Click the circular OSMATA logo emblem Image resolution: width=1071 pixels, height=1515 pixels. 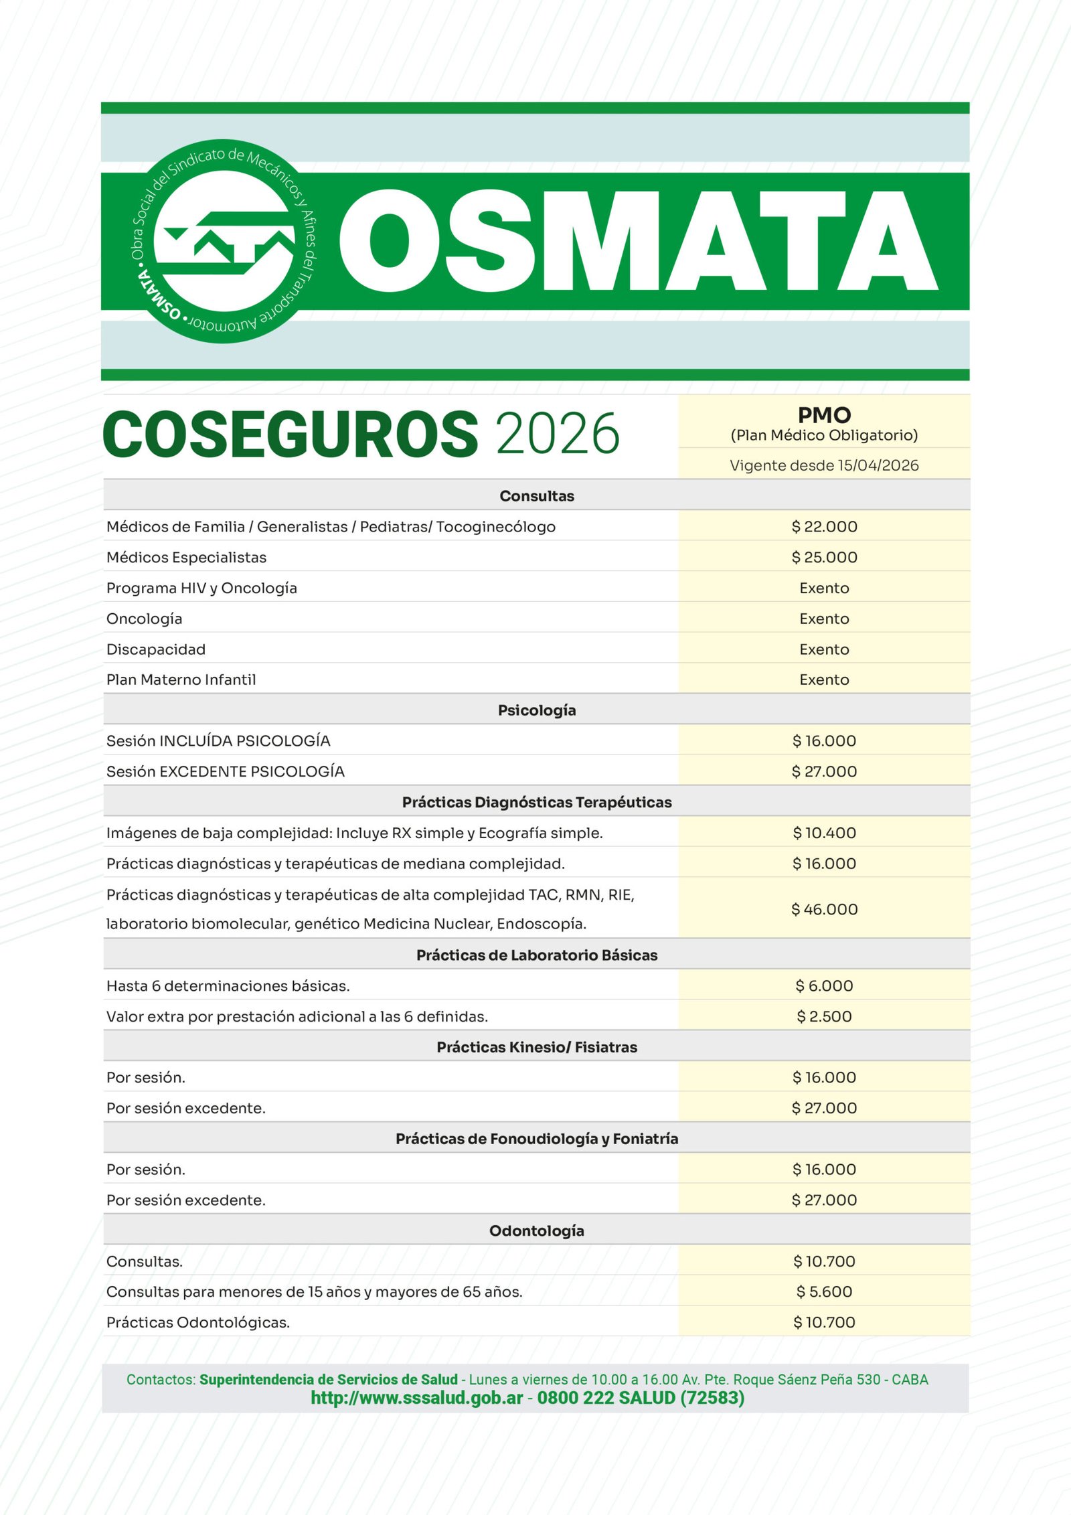[x=224, y=242]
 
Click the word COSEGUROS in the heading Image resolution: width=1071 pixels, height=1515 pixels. [x=290, y=434]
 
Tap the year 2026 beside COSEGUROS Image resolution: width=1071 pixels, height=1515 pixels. [x=558, y=434]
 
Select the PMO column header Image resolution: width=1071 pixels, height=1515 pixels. [x=824, y=416]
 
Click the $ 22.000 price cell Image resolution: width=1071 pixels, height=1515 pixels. [x=824, y=527]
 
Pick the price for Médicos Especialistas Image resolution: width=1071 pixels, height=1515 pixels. [x=824, y=558]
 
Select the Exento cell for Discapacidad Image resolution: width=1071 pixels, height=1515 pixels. [x=824, y=649]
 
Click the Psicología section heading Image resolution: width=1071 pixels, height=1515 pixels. [x=536, y=710]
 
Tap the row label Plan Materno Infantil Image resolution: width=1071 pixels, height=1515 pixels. [x=181, y=680]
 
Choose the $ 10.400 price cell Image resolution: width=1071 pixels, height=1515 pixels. [x=824, y=833]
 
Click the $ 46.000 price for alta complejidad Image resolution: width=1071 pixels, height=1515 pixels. [x=824, y=909]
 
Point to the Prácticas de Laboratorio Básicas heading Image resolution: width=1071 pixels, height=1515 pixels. [x=536, y=955]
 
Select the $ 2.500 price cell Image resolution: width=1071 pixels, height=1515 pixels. [x=824, y=1016]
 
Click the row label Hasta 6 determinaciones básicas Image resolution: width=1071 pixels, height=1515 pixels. [x=228, y=986]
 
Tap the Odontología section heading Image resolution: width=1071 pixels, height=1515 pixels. [x=536, y=1230]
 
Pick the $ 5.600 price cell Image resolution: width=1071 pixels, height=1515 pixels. [x=824, y=1291]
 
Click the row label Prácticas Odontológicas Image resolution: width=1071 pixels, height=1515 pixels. [x=198, y=1322]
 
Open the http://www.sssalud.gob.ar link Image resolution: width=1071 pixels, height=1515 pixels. [x=416, y=1398]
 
